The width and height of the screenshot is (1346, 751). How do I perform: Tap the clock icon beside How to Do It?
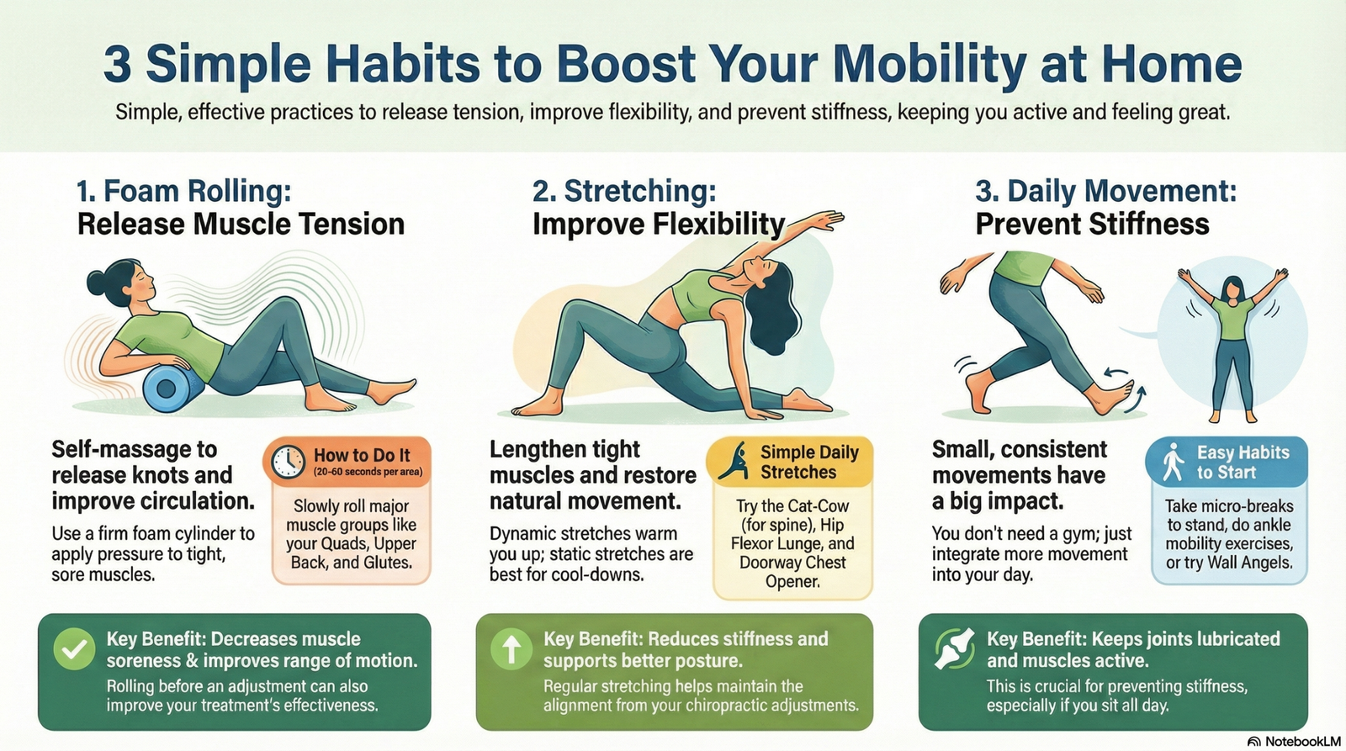tap(288, 462)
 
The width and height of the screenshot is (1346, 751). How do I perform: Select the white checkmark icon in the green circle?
tap(74, 649)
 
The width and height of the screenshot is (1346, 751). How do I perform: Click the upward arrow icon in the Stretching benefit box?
tap(511, 649)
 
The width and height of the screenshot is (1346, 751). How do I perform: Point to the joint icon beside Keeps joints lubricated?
tap(954, 649)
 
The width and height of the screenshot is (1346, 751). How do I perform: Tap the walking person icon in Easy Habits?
tap(1173, 462)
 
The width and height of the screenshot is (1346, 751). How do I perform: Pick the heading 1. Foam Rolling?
tap(184, 191)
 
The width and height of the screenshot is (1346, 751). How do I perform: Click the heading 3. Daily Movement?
tap(1105, 191)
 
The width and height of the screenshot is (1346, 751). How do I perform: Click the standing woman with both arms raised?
tap(1232, 345)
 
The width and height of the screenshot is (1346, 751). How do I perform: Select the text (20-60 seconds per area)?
tap(368, 472)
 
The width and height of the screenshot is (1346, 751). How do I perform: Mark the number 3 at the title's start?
tap(118, 65)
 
